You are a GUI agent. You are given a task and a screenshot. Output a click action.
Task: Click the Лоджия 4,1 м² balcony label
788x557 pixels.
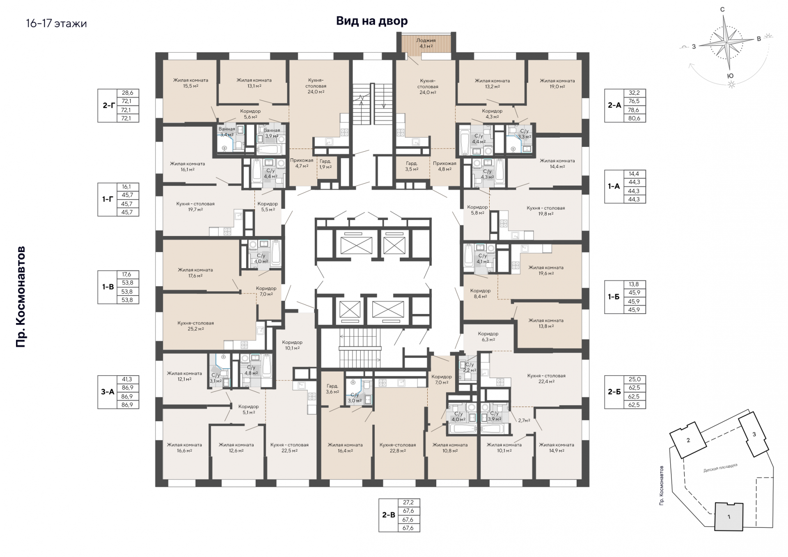pyautogui.click(x=426, y=43)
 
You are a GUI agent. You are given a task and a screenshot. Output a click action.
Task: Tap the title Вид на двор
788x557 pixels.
pyautogui.click(x=372, y=21)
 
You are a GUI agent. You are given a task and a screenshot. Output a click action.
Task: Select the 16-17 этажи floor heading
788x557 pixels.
pyautogui.click(x=56, y=23)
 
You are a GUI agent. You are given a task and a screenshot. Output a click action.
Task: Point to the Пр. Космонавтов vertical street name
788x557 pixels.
pyautogui.click(x=21, y=297)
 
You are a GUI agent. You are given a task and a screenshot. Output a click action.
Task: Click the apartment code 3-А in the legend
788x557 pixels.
pyautogui.click(x=108, y=392)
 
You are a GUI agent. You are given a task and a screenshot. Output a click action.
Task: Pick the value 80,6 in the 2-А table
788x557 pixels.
pyautogui.click(x=634, y=118)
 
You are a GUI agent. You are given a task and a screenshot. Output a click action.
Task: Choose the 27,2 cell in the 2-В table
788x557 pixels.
pyautogui.click(x=408, y=502)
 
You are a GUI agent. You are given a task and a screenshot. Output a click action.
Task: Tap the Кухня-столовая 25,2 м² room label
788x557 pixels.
pyautogui.click(x=196, y=326)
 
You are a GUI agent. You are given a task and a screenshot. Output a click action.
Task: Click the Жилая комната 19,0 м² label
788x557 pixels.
pyautogui.click(x=557, y=84)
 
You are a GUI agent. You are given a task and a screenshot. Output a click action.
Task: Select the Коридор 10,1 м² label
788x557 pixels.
pyautogui.click(x=292, y=345)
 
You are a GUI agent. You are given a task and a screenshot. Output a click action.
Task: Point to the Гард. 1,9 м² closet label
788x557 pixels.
pyautogui.click(x=325, y=164)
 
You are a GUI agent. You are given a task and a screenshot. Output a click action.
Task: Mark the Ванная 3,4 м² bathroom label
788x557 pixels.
pyautogui.click(x=227, y=132)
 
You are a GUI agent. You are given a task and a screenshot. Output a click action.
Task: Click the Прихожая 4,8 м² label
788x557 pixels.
pyautogui.click(x=444, y=166)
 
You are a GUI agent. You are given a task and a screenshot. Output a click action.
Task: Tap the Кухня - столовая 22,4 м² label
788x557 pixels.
pyautogui.click(x=546, y=378)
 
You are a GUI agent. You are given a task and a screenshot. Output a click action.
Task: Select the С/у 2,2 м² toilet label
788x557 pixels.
pyautogui.click(x=470, y=367)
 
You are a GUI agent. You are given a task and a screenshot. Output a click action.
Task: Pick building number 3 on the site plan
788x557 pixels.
pyautogui.click(x=754, y=435)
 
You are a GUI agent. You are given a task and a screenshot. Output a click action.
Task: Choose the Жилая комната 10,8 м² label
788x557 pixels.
pyautogui.click(x=450, y=448)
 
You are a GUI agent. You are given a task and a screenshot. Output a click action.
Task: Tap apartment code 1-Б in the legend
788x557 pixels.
pyautogui.click(x=614, y=297)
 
